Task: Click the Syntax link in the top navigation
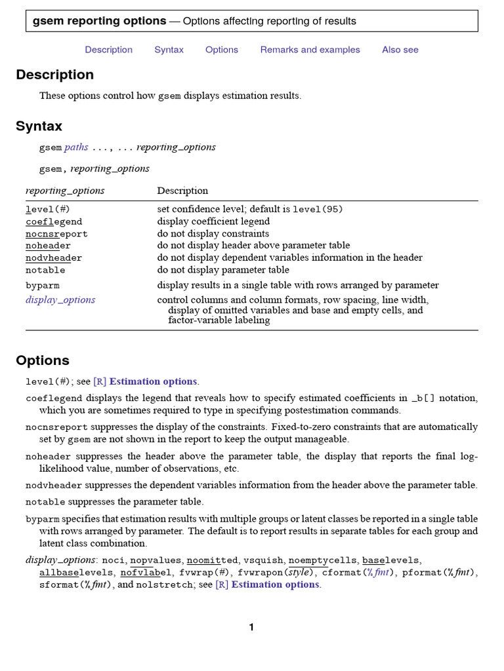click(169, 50)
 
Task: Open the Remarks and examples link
click(310, 50)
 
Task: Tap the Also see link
click(400, 50)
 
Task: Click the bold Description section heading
click(54, 75)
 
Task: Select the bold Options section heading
click(42, 360)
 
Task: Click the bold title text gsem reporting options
click(99, 21)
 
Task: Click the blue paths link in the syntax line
click(76, 147)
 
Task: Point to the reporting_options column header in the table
click(65, 191)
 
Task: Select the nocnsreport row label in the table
click(56, 234)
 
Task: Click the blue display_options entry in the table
click(60, 300)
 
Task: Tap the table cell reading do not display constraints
click(213, 234)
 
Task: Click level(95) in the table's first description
click(318, 210)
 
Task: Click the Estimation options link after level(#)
click(153, 381)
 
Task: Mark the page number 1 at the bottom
click(251, 628)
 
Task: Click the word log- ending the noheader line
click(467, 456)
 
